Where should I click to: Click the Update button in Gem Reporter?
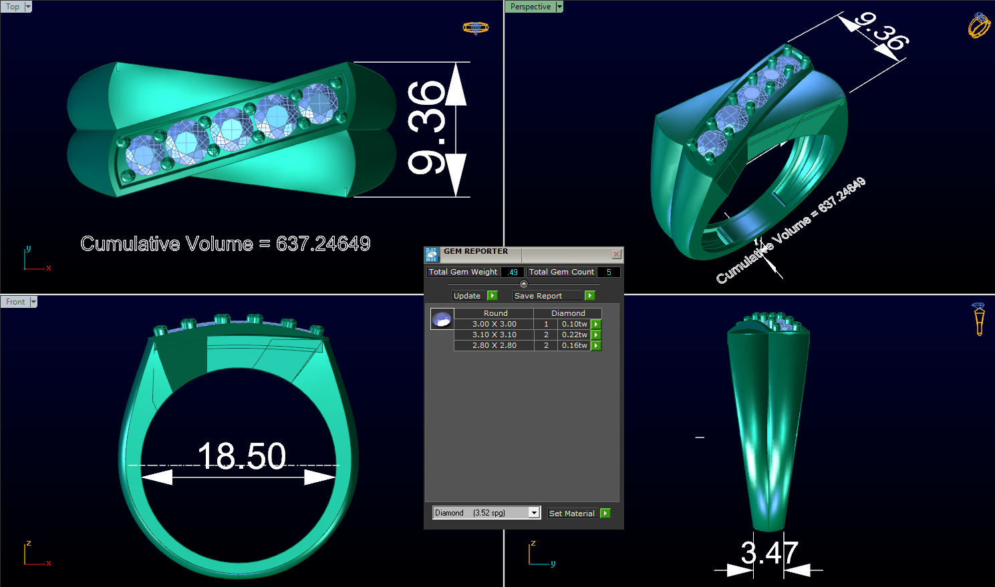point(467,296)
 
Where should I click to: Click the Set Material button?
point(571,514)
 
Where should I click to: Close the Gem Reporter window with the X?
point(616,254)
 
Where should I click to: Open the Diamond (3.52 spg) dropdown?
point(533,513)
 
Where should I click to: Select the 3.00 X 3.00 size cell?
point(494,324)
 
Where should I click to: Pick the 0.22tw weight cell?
point(574,335)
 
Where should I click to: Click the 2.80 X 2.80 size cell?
point(494,345)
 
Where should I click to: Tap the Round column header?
point(495,313)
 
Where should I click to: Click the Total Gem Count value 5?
point(608,272)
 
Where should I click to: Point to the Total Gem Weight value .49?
point(513,272)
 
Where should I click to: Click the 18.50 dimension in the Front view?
point(242,456)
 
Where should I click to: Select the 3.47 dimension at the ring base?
point(769,553)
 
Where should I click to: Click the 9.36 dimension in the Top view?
point(427,128)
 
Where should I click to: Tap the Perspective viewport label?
point(531,7)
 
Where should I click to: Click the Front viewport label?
point(15,302)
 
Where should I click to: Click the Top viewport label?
point(13,7)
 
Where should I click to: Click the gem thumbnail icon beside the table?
point(442,319)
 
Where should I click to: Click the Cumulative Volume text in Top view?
point(225,244)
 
